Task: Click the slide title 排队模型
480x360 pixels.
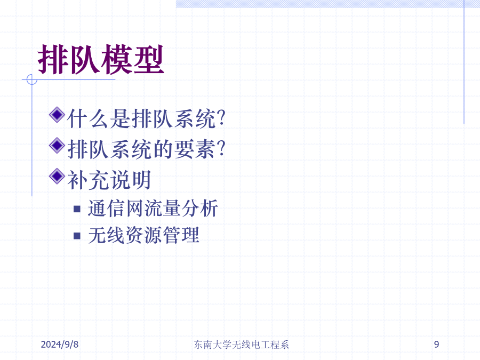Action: pyautogui.click(x=101, y=59)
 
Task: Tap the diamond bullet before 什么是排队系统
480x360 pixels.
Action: pyautogui.click(x=57, y=115)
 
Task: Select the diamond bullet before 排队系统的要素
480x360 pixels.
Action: pyautogui.click(x=57, y=146)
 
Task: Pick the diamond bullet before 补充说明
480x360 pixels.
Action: pyautogui.click(x=57, y=176)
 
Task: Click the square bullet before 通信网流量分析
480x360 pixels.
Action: pyautogui.click(x=77, y=209)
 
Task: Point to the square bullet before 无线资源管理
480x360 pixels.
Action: pyautogui.click(x=77, y=236)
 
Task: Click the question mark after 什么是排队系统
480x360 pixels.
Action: pyautogui.click(x=221, y=118)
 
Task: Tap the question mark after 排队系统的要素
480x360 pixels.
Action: pyautogui.click(x=221, y=149)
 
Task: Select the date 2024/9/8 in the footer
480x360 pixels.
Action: pyautogui.click(x=60, y=345)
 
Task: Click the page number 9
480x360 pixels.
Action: pyautogui.click(x=436, y=345)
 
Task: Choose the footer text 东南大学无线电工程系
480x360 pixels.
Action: pyautogui.click(x=241, y=345)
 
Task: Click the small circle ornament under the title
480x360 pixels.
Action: pyautogui.click(x=32, y=79)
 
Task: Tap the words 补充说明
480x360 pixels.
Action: pyautogui.click(x=109, y=180)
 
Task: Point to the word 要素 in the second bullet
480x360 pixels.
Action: pyautogui.click(x=195, y=149)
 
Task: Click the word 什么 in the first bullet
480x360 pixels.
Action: pyautogui.click(x=88, y=118)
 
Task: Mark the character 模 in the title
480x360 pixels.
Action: pyautogui.click(x=117, y=59)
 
